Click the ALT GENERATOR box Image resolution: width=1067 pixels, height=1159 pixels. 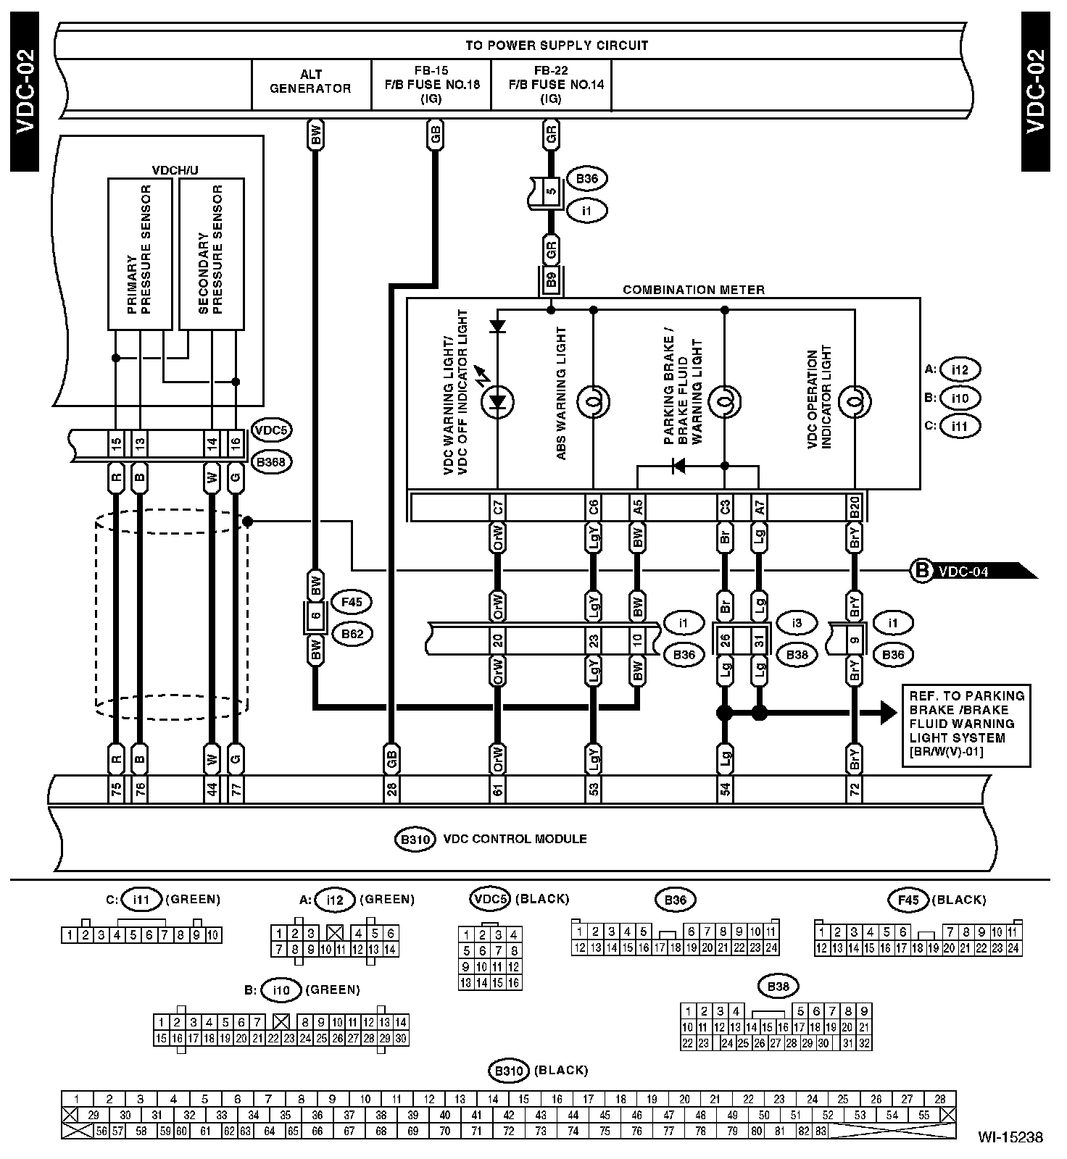[310, 81]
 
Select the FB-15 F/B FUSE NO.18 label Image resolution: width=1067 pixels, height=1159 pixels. [431, 85]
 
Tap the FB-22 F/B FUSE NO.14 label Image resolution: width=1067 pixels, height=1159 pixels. [551, 85]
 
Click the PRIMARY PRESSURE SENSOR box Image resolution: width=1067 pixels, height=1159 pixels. [140, 254]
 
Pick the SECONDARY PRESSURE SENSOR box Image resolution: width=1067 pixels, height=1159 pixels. [211, 254]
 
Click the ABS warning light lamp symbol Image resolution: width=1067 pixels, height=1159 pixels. [594, 401]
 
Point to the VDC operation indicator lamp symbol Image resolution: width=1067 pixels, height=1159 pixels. [855, 401]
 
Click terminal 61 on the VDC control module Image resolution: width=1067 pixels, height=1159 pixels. [497, 790]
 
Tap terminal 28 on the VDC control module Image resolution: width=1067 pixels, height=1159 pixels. [391, 790]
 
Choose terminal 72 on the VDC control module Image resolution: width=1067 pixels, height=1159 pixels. [855, 790]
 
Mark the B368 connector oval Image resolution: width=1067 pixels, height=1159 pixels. [271, 461]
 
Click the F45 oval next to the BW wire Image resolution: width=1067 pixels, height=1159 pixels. [352, 601]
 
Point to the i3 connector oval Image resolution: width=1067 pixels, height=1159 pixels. [797, 622]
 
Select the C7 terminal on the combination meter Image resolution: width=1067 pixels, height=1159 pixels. [497, 507]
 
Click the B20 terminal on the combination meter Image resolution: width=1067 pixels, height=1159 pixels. [855, 507]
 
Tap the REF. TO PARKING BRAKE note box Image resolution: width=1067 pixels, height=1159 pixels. [966, 724]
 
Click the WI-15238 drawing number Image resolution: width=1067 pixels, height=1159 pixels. [1010, 1137]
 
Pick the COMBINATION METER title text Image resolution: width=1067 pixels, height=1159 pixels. [694, 290]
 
